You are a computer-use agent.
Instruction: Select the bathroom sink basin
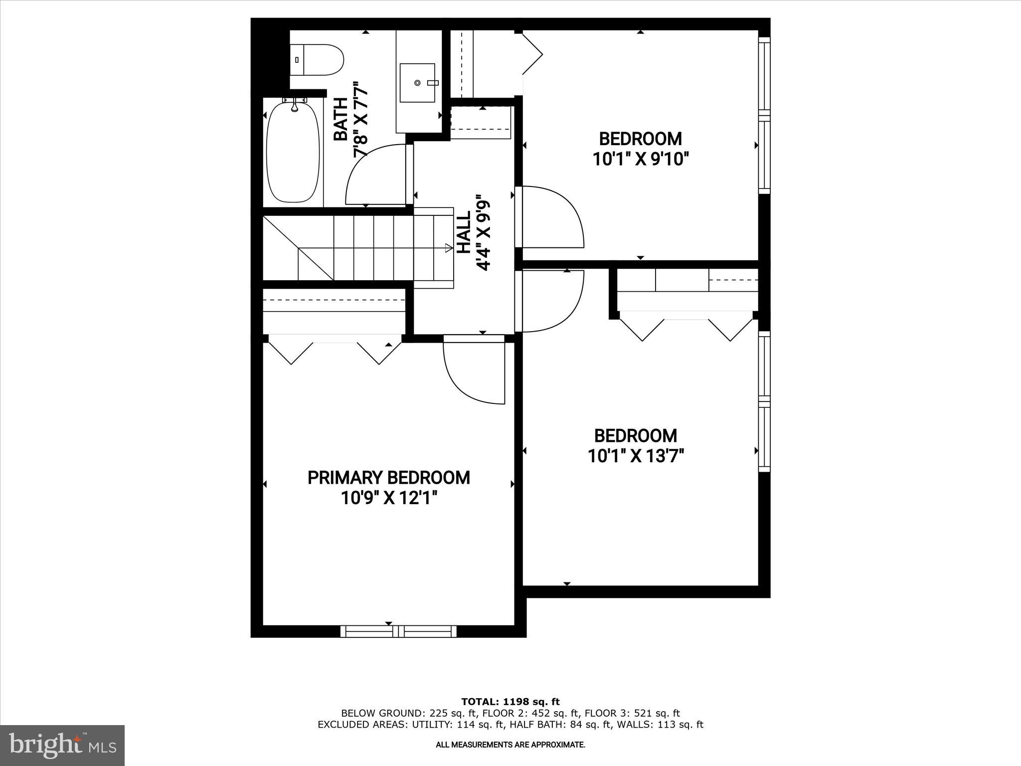[418, 82]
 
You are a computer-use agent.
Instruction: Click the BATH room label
[340, 120]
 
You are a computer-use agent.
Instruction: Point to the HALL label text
[464, 233]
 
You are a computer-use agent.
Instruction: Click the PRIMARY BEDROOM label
[388, 478]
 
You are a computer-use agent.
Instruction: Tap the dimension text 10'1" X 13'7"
[636, 456]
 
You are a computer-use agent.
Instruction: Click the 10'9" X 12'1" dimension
[389, 498]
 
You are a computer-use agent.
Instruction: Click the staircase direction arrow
[448, 247]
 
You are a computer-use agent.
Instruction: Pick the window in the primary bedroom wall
[398, 631]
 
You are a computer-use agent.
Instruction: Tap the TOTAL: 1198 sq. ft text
[510, 702]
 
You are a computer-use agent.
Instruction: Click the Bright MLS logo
[62, 745]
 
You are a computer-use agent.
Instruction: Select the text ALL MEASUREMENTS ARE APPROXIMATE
[510, 745]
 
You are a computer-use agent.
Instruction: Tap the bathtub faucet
[294, 105]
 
